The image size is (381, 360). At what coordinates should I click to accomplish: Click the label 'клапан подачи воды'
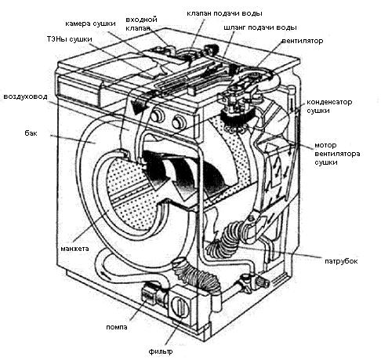(224, 13)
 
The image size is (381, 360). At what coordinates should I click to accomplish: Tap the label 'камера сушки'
(90, 24)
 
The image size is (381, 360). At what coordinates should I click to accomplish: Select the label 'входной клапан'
(141, 24)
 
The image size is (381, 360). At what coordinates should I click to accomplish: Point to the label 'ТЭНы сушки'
(70, 39)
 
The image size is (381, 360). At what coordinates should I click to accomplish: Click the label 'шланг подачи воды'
(260, 27)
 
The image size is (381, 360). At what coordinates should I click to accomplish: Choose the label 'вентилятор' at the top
(303, 41)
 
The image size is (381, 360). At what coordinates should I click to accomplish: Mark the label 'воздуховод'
(25, 96)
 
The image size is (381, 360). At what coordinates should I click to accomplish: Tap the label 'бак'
(31, 133)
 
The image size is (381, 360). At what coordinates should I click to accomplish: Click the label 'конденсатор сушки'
(329, 106)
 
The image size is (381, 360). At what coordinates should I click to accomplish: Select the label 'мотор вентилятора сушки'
(337, 154)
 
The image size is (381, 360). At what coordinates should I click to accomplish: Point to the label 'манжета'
(74, 249)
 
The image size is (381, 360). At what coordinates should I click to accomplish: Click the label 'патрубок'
(341, 261)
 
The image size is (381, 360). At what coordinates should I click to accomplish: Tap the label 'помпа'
(117, 327)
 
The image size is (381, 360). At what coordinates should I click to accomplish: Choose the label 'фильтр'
(161, 351)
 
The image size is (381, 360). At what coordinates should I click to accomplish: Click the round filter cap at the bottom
(180, 306)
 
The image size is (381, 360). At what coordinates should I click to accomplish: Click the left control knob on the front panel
(156, 116)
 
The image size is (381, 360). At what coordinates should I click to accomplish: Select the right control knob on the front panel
(178, 122)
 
